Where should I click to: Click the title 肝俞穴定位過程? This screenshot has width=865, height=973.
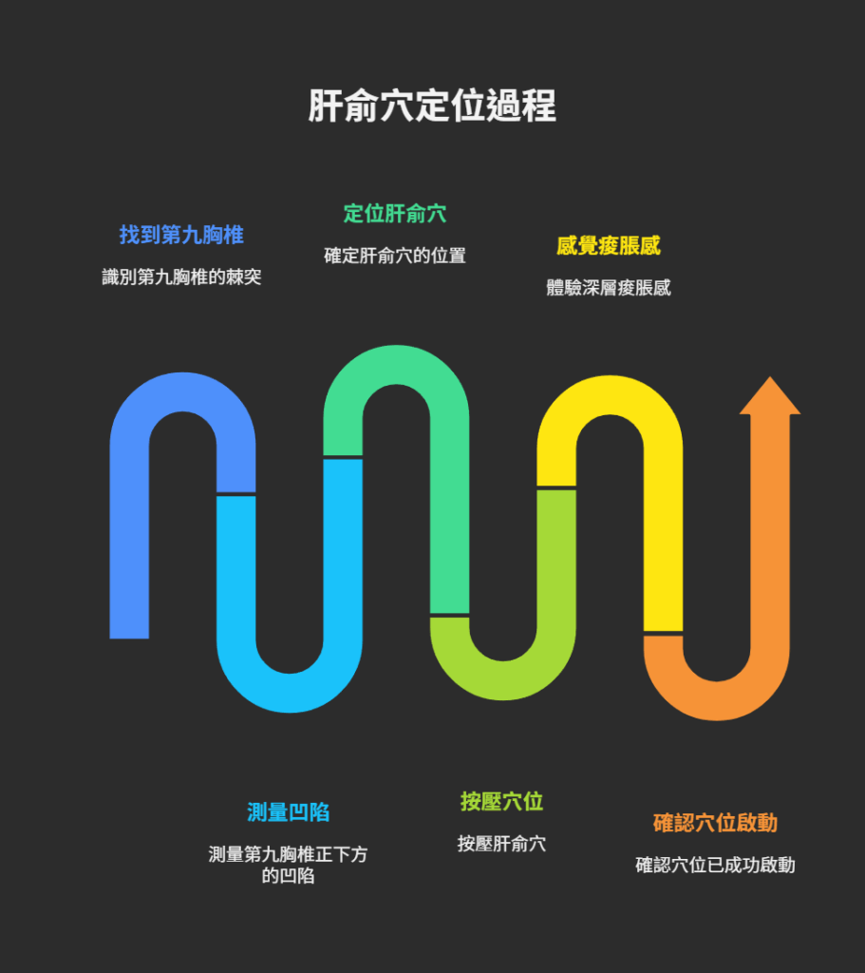click(x=432, y=106)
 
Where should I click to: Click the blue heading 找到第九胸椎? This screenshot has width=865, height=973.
click(x=181, y=235)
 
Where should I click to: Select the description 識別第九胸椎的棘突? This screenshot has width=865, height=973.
click(x=181, y=277)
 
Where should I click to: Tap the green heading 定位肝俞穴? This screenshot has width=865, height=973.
click(x=395, y=214)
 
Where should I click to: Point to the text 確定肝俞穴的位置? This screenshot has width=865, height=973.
click(x=395, y=256)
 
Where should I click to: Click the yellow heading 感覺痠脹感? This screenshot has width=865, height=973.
click(x=609, y=246)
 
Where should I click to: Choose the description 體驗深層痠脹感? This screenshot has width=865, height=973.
click(x=609, y=288)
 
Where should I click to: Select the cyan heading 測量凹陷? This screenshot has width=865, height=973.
click(x=289, y=812)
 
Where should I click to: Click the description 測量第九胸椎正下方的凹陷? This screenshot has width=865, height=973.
click(x=289, y=865)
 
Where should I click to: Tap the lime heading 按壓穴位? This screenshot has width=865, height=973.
click(x=502, y=802)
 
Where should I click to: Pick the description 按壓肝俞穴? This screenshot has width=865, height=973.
click(x=502, y=844)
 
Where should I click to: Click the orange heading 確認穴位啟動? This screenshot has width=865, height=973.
click(x=715, y=823)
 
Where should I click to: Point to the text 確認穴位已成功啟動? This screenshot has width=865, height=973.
click(x=715, y=865)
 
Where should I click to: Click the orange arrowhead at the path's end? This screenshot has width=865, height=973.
click(x=770, y=397)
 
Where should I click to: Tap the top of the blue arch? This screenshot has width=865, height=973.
click(x=182, y=391)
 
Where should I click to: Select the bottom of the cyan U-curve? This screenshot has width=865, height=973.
click(x=290, y=693)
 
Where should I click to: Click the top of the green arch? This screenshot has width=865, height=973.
click(x=396, y=365)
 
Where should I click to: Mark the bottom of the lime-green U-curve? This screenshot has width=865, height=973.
click(x=503, y=681)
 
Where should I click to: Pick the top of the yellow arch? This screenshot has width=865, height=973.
click(x=610, y=395)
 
